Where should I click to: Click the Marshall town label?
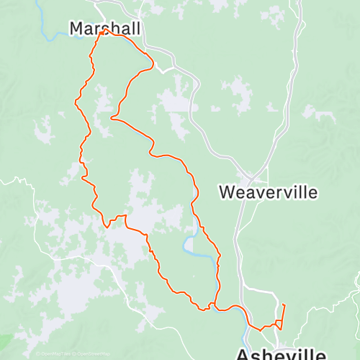[x=104, y=27]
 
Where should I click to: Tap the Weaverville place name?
[x=268, y=192]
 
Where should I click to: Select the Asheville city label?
[x=282, y=354]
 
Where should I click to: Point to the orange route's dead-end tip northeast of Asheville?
[x=284, y=305]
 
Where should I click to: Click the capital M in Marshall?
[x=76, y=27]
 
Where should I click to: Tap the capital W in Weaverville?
[x=226, y=192]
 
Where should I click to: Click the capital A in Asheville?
[x=244, y=354]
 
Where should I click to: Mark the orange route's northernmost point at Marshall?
[x=106, y=30]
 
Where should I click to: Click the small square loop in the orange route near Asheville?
[x=277, y=323]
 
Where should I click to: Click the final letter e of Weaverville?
[x=312, y=192]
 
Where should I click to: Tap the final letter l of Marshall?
[x=136, y=27]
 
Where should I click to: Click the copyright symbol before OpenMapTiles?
[x=37, y=354]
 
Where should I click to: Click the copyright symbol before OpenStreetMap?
[x=73, y=354]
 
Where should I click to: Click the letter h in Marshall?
[x=115, y=27]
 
